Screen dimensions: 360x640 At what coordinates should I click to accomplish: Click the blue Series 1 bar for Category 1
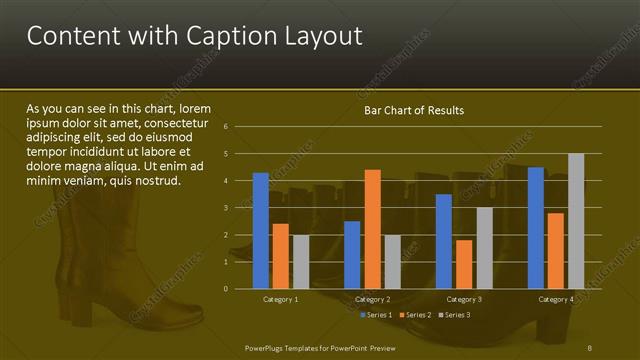coord(261,230)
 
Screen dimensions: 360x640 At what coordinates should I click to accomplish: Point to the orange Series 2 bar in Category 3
coord(464,264)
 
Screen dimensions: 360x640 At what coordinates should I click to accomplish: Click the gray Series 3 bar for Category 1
coord(301,261)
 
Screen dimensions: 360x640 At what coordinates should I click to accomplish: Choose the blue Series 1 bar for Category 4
coord(536,227)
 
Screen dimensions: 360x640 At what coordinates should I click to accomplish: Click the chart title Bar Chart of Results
coord(413,109)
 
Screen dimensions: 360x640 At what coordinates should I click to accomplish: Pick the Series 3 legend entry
coord(455,315)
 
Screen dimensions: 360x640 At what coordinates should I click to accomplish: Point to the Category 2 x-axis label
coord(372,299)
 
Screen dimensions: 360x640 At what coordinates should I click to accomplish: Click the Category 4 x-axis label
coord(556,299)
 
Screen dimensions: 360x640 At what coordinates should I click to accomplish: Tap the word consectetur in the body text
coord(184,123)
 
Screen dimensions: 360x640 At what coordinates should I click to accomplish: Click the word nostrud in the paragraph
coord(156,181)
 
